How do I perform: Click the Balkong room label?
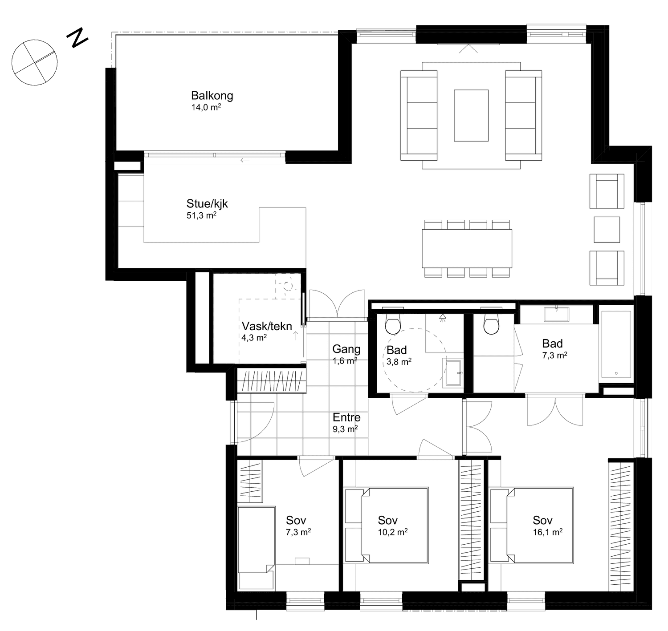pos(212,96)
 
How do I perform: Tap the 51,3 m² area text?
pos(201,215)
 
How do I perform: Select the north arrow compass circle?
pos(34,62)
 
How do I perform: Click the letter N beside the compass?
pos(77,37)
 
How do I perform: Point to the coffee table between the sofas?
pos(471,115)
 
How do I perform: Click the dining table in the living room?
pos(467,249)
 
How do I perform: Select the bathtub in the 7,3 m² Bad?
pos(616,344)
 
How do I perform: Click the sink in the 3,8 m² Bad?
pos(452,373)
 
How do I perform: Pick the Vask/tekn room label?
pos(267,326)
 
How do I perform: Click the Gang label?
pos(346,349)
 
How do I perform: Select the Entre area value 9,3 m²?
pos(345,429)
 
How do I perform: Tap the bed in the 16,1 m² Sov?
pos(531,526)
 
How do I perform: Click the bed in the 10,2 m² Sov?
pos(386,526)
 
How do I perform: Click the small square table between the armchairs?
pos(607,230)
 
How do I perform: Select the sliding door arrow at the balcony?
pos(244,160)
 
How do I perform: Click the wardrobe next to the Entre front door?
pos(272,381)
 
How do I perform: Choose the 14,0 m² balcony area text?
pos(206,107)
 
